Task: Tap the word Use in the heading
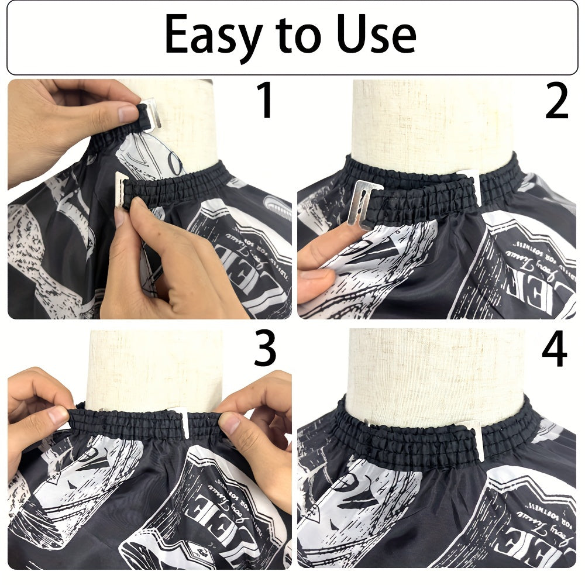(374, 35)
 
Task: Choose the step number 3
(265, 349)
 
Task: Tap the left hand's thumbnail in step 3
(58, 415)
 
